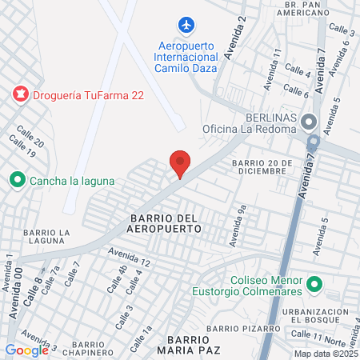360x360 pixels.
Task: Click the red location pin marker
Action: (x=180, y=164)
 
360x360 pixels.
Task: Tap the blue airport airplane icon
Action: (x=186, y=26)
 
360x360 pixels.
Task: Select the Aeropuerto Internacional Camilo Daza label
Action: (x=186, y=58)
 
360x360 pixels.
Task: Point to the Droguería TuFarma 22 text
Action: (x=88, y=95)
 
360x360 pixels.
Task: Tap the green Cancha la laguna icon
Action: (x=17, y=181)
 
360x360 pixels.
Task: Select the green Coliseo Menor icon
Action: (x=314, y=284)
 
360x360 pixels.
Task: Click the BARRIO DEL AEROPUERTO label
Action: (x=163, y=223)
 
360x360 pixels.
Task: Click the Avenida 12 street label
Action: (x=134, y=258)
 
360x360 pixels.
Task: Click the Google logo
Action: (x=26, y=350)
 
